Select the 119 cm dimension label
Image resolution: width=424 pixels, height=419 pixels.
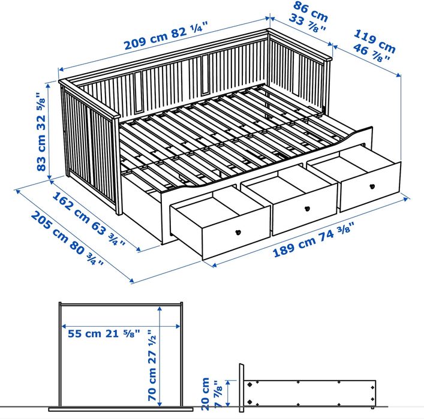(375, 39)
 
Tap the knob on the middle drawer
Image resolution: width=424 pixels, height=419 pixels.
(307, 209)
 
